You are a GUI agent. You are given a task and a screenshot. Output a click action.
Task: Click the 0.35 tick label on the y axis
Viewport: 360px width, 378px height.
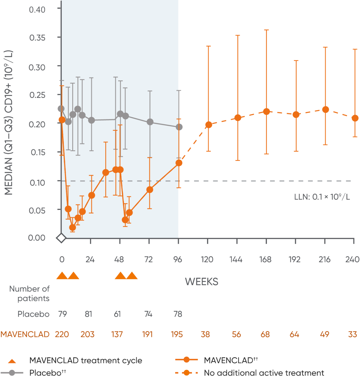coord(37,38)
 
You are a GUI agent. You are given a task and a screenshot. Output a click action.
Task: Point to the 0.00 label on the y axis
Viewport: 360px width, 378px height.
coord(37,238)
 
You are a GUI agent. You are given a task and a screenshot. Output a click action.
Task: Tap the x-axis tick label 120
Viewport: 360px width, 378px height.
coord(207,259)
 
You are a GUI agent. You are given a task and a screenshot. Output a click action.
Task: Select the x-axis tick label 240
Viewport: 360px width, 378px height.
coord(352,259)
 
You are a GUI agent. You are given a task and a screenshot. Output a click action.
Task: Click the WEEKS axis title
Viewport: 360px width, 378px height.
coord(201,282)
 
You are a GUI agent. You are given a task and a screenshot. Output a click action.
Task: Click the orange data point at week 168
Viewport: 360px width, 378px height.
coord(266,112)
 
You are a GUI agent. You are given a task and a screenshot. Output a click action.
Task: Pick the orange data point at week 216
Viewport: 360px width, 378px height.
coord(325,110)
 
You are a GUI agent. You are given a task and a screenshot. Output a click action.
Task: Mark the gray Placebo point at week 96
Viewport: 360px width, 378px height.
coord(179,127)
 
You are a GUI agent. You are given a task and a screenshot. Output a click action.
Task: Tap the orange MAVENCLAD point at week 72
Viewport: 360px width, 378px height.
coord(150,190)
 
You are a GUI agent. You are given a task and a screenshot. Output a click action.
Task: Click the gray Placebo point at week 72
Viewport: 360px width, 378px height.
coord(150,122)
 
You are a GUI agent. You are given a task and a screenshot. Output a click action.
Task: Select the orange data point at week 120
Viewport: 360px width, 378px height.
coord(208,125)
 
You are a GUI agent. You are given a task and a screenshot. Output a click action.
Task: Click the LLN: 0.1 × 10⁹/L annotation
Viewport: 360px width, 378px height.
coord(322,197)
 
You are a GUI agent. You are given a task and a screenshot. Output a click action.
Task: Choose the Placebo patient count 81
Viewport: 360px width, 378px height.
coord(88,314)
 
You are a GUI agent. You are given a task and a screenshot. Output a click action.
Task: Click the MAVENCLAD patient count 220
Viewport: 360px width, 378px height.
coord(62,334)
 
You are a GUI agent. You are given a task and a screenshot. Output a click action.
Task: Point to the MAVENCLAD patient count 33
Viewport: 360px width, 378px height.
coord(352,334)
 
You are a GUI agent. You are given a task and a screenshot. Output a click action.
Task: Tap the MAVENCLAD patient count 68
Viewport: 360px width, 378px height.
coord(265,334)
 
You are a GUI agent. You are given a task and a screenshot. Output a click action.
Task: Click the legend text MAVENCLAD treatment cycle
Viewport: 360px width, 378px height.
coord(85,361)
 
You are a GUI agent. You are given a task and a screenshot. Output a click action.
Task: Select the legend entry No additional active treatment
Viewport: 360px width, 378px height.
coord(264,373)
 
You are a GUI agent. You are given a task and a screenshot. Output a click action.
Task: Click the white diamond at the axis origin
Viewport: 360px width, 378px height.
coord(61,238)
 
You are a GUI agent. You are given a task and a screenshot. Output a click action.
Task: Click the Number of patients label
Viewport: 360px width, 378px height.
coord(29,294)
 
